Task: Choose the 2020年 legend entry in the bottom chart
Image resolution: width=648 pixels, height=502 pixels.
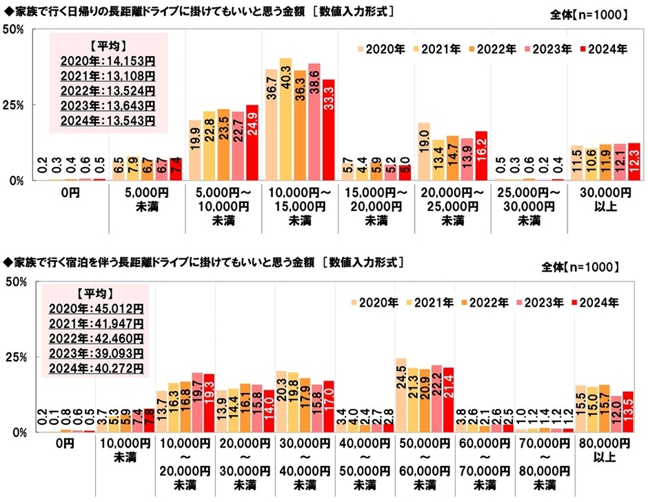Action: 374,302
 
